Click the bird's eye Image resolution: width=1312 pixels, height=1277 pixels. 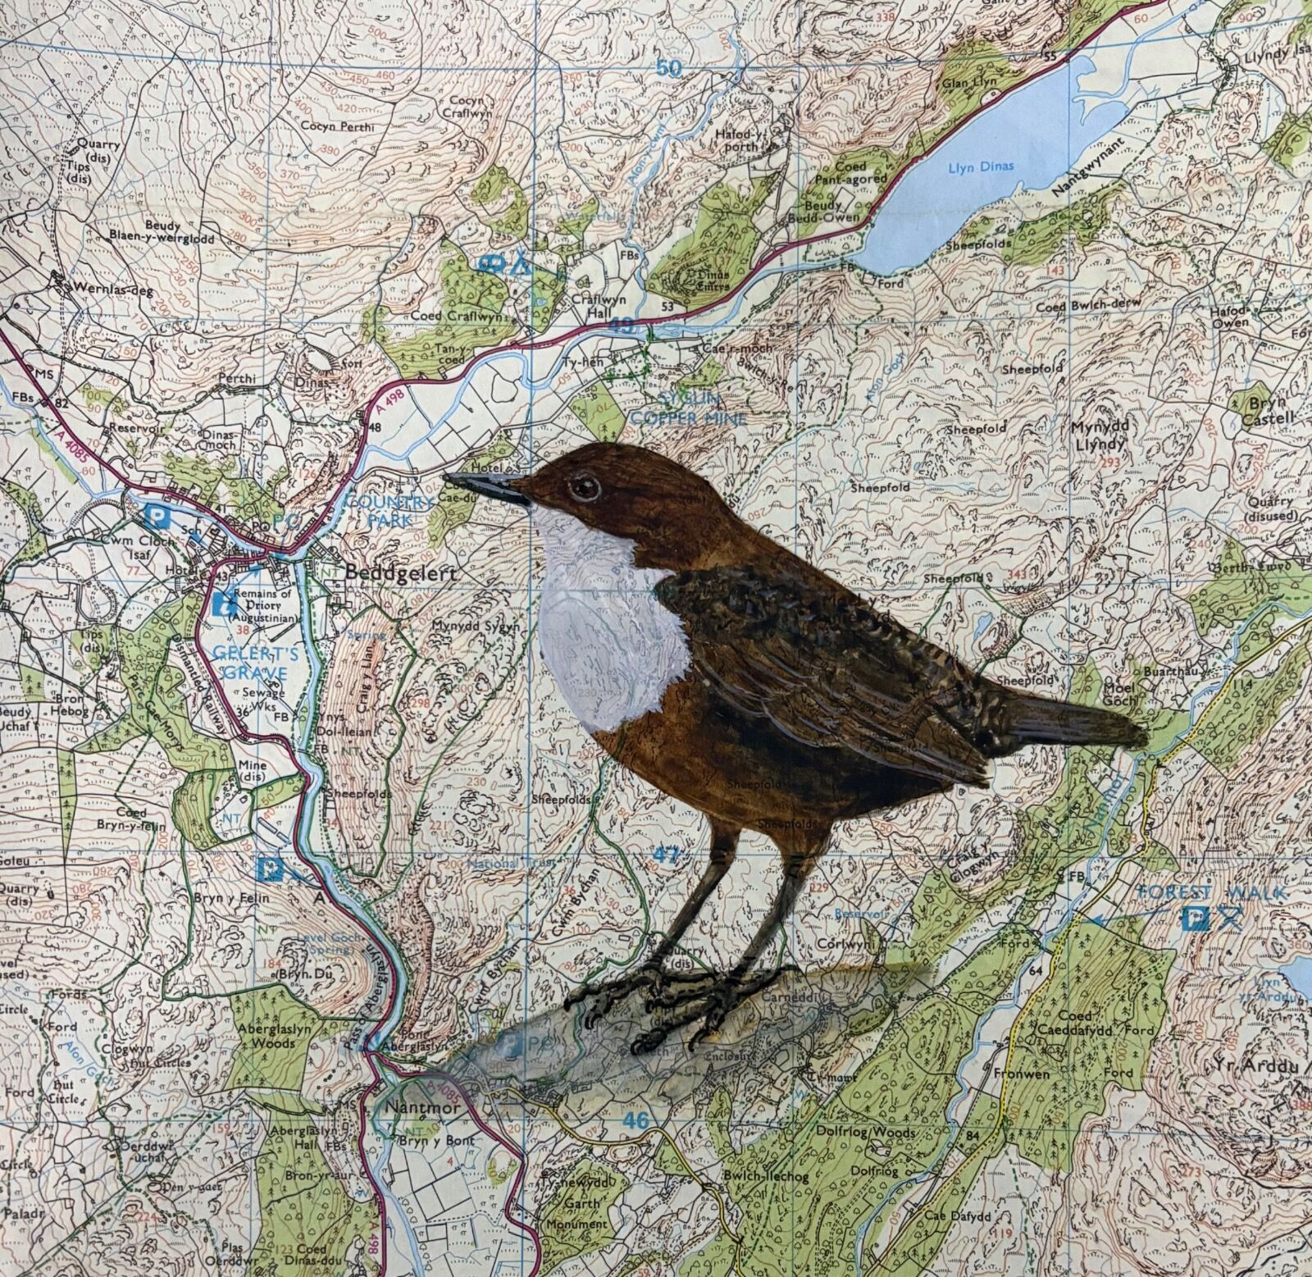click(x=585, y=486)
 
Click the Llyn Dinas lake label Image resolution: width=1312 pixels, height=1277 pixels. click(x=980, y=166)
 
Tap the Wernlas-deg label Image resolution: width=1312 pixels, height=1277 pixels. click(x=109, y=289)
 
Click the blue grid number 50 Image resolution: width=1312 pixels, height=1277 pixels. click(x=669, y=68)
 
